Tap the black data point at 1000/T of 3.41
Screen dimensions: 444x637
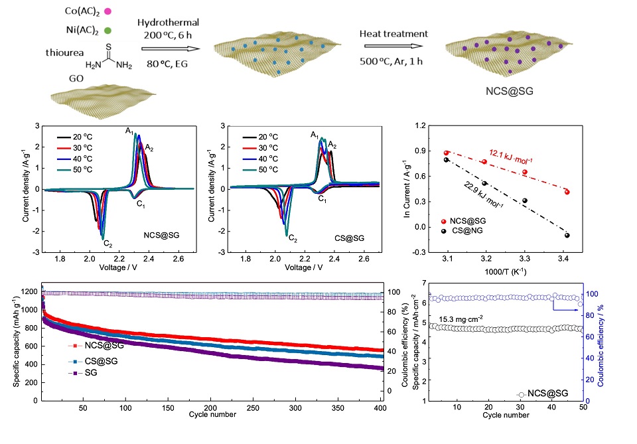(x=567, y=235)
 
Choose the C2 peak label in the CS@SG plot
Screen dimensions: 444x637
(x=293, y=239)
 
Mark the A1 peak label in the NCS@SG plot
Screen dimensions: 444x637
(x=127, y=131)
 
